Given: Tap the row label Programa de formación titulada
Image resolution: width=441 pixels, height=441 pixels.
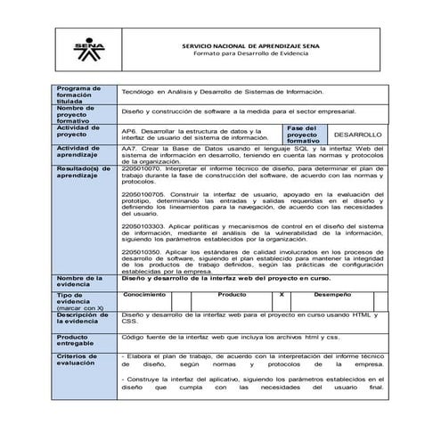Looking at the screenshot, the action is coord(80,95).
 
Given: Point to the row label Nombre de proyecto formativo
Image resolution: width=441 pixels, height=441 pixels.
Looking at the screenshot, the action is coord(80,115).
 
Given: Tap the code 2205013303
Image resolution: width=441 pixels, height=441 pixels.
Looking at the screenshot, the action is coord(142,227).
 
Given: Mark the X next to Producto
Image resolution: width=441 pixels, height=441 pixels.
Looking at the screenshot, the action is coord(282,294).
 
